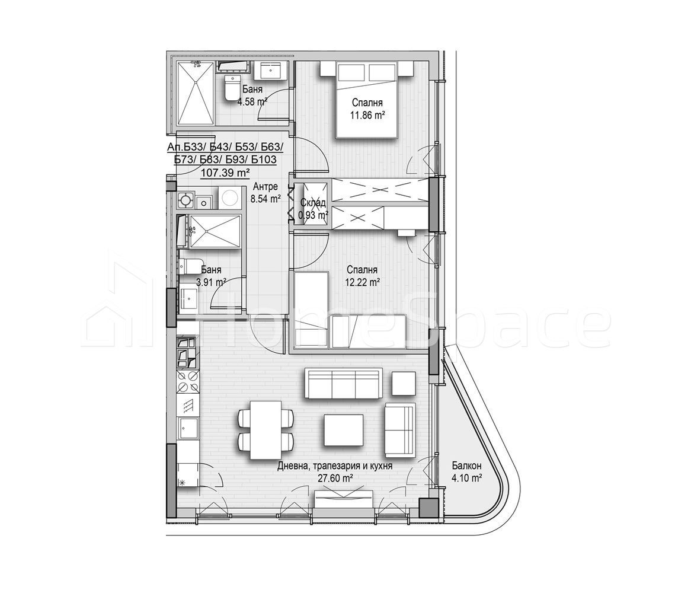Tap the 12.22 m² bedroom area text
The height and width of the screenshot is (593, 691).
point(362,283)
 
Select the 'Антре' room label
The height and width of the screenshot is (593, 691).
point(265,187)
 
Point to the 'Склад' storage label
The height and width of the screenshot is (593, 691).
point(313,203)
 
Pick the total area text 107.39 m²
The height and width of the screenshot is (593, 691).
point(226,173)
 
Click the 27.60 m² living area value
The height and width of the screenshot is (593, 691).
point(335,478)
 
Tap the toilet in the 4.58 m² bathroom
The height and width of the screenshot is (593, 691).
point(232,91)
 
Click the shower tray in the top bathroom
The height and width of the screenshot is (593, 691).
point(196,96)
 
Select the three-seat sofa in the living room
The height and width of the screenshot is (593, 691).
point(343,384)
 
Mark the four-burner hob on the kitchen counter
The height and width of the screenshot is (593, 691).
point(188,380)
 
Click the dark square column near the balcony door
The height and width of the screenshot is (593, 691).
point(427,508)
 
